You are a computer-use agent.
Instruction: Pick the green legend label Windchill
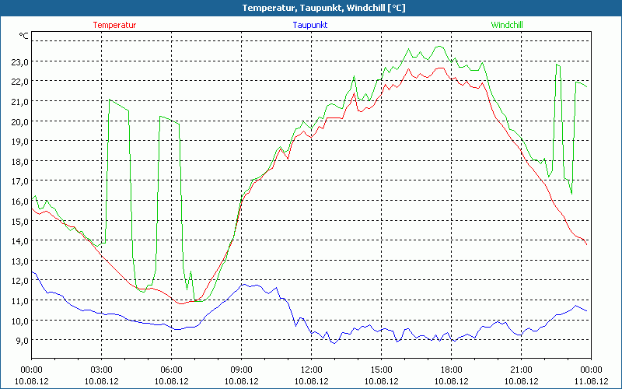[507, 25]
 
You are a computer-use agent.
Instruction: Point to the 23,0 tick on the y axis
[19, 61]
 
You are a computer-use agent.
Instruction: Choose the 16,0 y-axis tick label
[19, 201]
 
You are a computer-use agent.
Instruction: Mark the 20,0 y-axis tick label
[19, 121]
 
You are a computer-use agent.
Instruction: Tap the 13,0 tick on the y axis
[19, 261]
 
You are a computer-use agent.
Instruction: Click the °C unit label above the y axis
[24, 36]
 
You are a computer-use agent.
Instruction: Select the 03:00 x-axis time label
[101, 370]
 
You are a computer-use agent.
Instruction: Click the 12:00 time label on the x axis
[311, 370]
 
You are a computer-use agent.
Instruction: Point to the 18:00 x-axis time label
[451, 370]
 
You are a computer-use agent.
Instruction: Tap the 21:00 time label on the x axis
[521, 370]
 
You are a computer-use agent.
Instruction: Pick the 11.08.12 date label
[591, 381]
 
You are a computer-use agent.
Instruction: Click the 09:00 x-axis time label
[241, 370]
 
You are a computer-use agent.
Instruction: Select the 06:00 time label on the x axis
[171, 370]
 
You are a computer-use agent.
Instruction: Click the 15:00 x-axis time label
[381, 370]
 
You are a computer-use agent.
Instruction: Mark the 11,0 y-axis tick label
[19, 300]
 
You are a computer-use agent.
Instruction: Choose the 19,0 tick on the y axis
[19, 142]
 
